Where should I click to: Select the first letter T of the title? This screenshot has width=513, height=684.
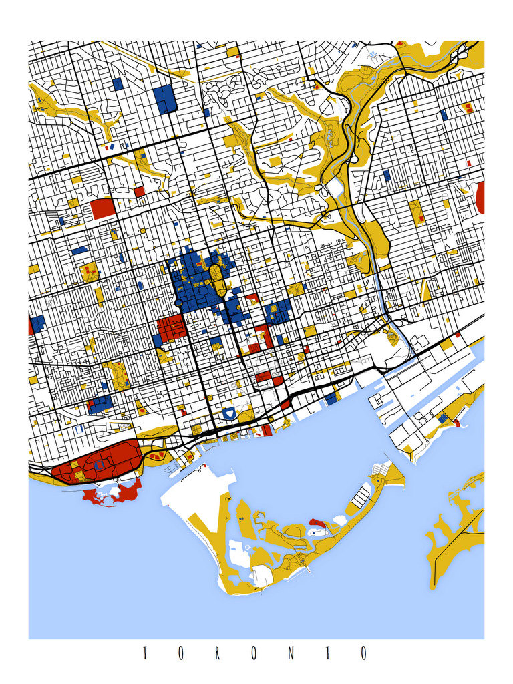[x=144, y=653]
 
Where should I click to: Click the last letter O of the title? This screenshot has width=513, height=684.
[x=363, y=653]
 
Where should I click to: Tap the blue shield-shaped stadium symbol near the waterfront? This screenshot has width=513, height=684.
[x=229, y=414]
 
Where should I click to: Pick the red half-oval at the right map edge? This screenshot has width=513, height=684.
[x=480, y=197]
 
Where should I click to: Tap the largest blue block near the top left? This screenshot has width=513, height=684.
[x=164, y=98]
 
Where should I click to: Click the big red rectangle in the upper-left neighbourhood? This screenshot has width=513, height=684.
[x=103, y=208]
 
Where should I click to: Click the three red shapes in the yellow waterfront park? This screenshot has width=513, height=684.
[x=156, y=455]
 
